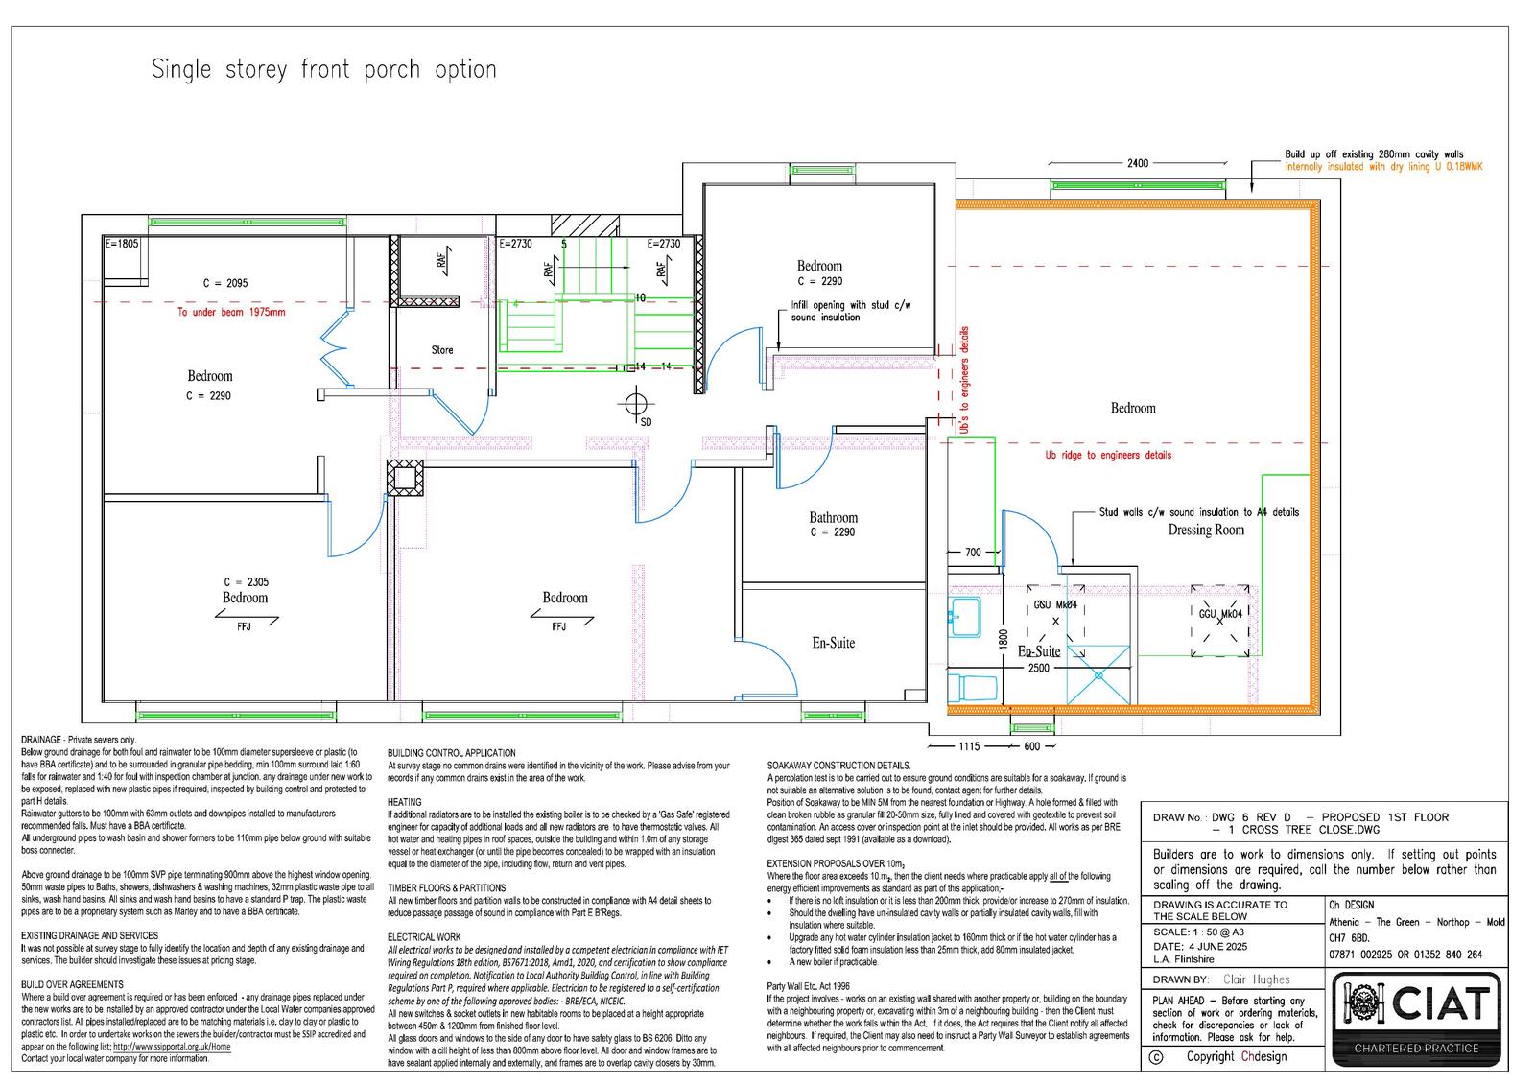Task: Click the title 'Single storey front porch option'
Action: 324,70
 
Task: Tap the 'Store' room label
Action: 441,350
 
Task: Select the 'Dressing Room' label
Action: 1205,530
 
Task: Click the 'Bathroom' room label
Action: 833,518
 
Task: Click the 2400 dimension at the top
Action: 1137,163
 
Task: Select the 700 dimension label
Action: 973,553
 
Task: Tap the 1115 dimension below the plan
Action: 969,746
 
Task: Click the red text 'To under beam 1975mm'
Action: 231,312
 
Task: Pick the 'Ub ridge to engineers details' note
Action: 1108,455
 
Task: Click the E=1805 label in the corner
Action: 122,244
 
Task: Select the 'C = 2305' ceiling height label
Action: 246,582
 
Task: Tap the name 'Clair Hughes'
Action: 1257,979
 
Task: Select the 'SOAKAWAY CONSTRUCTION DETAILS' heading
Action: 838,765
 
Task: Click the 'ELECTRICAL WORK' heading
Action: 424,937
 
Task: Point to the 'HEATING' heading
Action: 404,802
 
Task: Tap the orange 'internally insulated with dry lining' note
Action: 1383,167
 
